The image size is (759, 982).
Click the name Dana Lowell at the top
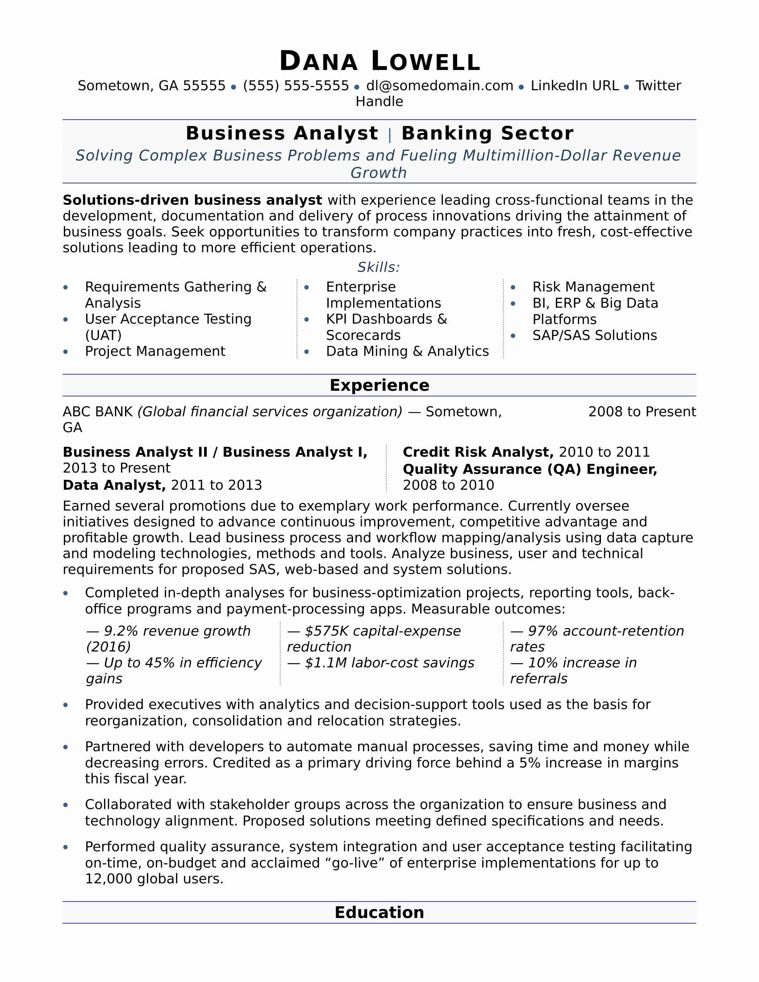[x=379, y=61]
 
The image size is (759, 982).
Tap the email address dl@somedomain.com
[x=439, y=85]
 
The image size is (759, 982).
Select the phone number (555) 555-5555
[x=296, y=85]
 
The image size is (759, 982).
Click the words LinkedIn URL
[x=574, y=85]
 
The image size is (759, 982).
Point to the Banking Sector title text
[x=487, y=133]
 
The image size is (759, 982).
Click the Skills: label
[x=378, y=267]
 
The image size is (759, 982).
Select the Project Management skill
[x=154, y=351]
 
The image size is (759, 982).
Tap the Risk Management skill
[x=593, y=287]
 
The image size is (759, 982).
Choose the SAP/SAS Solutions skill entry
[x=594, y=335]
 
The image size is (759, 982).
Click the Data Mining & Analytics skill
[x=407, y=351]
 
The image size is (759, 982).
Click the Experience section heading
[x=379, y=385]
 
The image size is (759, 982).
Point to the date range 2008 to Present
[x=642, y=412]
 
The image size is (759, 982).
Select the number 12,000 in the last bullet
[x=108, y=878]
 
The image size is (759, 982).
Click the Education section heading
[x=379, y=912]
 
